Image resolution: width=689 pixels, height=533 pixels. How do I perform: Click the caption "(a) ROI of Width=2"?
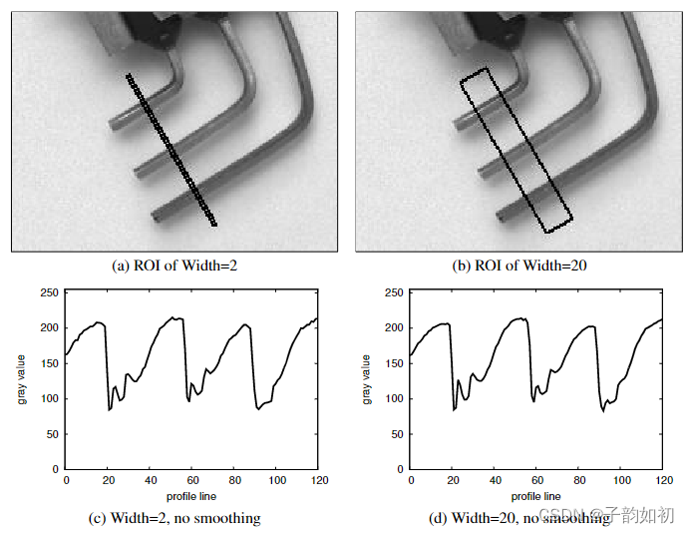pyautogui.click(x=174, y=266)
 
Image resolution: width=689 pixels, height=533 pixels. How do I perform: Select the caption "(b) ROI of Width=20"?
pyautogui.click(x=519, y=266)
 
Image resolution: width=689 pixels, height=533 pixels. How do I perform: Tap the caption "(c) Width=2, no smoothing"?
pyautogui.click(x=174, y=518)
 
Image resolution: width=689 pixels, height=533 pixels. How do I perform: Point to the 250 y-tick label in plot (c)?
pyautogui.click(x=49, y=292)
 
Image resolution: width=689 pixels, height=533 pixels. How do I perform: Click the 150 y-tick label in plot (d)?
pyautogui.click(x=394, y=363)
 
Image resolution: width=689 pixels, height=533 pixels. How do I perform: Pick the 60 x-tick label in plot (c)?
pyautogui.click(x=192, y=480)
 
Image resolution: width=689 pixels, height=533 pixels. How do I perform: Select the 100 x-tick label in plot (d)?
pyautogui.click(x=622, y=480)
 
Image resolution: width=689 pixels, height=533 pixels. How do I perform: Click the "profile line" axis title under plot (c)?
pyautogui.click(x=191, y=496)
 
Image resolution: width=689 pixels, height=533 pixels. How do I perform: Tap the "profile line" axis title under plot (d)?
pyautogui.click(x=535, y=496)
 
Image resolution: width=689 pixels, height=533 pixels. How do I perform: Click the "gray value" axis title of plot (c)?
pyautogui.click(x=22, y=379)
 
